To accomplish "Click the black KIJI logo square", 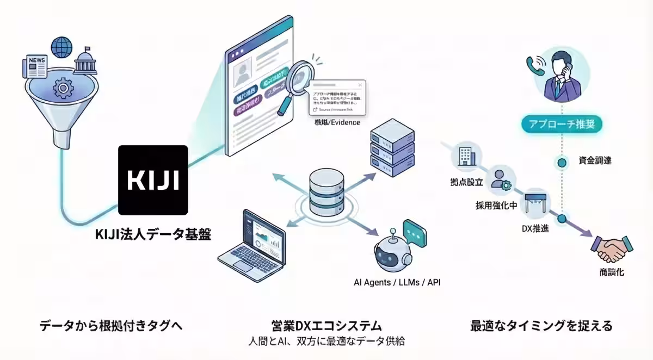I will pos(153,180).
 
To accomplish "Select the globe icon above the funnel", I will pos(61,47).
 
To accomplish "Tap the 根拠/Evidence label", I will pos(337,122).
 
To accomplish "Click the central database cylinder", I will pos(324,191).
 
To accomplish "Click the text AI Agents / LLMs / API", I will pos(396,283).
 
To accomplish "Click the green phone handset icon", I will pos(533,64).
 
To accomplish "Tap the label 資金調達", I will pos(595,160).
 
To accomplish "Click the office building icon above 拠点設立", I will pos(467,157).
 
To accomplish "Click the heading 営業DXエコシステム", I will pos(326,326).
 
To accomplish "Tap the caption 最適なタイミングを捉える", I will pos(541,326).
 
